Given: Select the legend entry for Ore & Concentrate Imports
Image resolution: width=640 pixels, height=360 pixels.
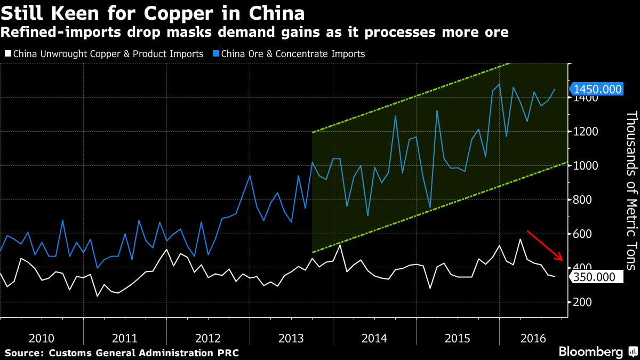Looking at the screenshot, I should [x=293, y=54].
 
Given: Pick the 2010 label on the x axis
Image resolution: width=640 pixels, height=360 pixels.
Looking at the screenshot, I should [x=42, y=339].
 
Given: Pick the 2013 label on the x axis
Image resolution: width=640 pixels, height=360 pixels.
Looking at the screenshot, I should [x=291, y=339].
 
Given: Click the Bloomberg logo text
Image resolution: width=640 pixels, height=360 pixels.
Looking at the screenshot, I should [x=590, y=352].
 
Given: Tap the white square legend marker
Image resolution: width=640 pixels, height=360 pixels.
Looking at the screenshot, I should [x=7, y=54].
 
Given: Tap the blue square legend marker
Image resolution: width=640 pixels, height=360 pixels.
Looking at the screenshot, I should [x=215, y=54].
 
